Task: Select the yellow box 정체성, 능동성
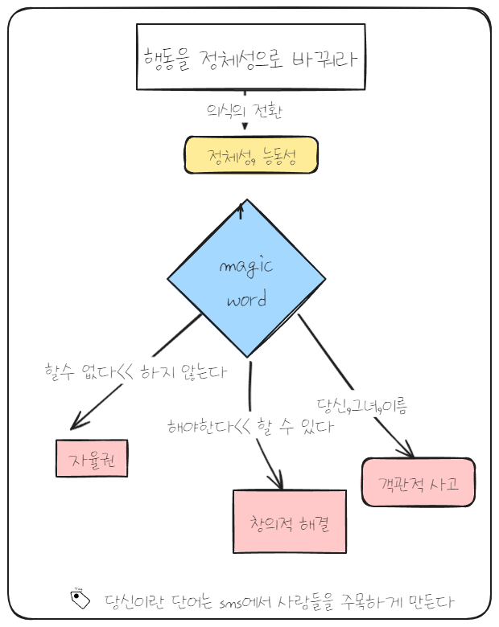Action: (x=251, y=156)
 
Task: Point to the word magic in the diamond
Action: (x=246, y=267)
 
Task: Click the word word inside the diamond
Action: (x=246, y=300)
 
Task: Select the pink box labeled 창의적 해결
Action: (x=287, y=521)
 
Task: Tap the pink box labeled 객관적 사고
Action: (x=418, y=482)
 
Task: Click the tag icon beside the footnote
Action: (x=80, y=599)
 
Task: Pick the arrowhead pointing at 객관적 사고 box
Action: (x=408, y=452)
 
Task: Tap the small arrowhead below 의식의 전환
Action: (x=244, y=126)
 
